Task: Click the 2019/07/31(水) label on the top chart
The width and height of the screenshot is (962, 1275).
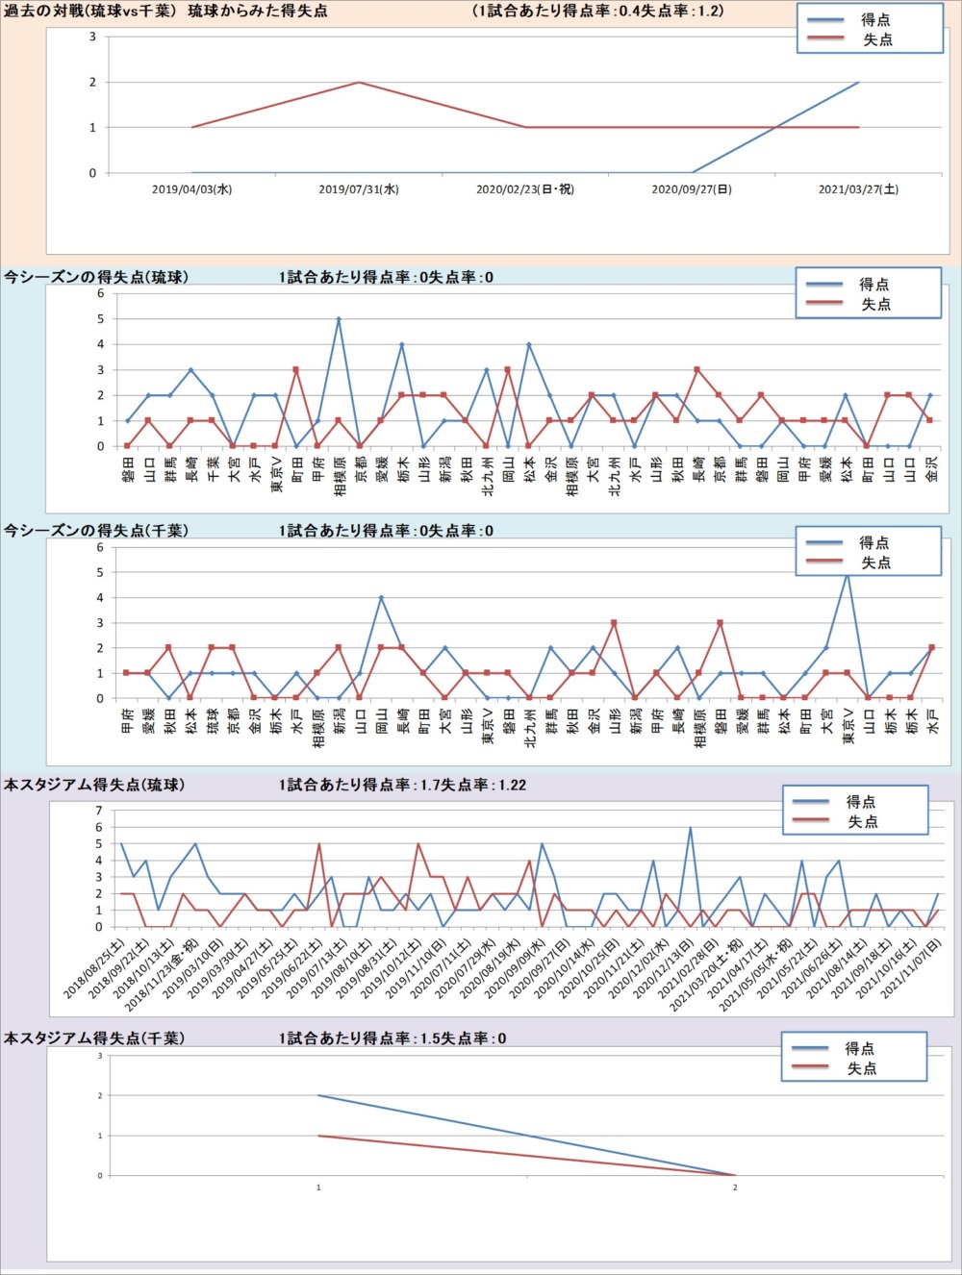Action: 359,189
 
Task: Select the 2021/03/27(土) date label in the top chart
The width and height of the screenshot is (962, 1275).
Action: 858,189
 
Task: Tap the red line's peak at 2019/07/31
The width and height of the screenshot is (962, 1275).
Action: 359,82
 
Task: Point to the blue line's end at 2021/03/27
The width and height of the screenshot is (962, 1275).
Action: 858,83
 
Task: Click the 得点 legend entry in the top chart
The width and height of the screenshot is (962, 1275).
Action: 875,19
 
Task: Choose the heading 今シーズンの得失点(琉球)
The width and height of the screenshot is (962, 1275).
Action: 96,277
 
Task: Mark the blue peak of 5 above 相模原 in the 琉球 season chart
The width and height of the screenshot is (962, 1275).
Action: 339,319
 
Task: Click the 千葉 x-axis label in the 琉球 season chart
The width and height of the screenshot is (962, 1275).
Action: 213,468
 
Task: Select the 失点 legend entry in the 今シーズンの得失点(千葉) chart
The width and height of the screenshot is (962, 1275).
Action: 875,562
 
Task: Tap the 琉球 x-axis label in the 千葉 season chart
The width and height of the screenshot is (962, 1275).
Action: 213,720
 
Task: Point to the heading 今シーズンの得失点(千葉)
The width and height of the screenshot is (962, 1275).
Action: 96,531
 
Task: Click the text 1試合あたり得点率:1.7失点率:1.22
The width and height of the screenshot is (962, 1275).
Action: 402,785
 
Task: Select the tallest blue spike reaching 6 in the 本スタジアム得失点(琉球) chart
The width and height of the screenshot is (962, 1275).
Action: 690,828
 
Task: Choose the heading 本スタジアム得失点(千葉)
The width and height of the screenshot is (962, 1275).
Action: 94,1038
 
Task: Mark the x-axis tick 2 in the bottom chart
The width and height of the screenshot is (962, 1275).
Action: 735,1187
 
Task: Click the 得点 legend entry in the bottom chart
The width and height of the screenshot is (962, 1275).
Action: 860,1048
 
